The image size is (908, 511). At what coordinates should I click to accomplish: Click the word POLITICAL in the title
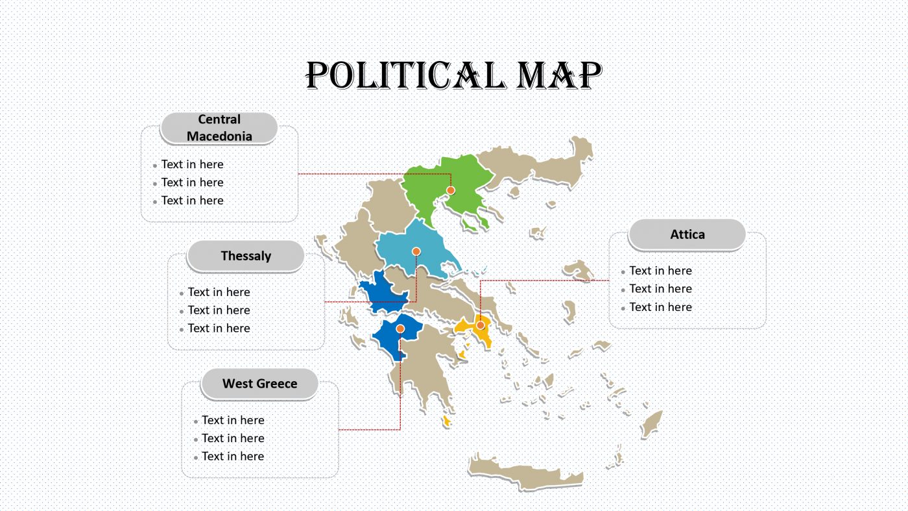pyautogui.click(x=404, y=76)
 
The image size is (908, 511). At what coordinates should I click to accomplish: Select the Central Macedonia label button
pyautogui.click(x=219, y=128)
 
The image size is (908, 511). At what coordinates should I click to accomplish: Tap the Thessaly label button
pyautogui.click(x=246, y=256)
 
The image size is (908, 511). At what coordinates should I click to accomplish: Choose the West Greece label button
pyautogui.click(x=259, y=384)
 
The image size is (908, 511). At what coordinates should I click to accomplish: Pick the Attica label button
pyautogui.click(x=687, y=234)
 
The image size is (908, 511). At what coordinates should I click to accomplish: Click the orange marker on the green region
pyautogui.click(x=451, y=190)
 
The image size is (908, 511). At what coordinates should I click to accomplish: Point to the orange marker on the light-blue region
pyautogui.click(x=416, y=251)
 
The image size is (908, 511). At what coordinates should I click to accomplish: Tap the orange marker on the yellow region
pyautogui.click(x=481, y=325)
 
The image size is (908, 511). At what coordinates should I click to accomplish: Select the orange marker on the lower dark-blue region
pyautogui.click(x=400, y=329)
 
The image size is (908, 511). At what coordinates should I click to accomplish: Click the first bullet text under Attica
pyautogui.click(x=660, y=271)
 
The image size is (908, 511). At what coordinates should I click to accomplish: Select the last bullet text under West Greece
pyautogui.click(x=232, y=456)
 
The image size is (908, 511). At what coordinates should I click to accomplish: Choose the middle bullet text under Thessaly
pyautogui.click(x=219, y=310)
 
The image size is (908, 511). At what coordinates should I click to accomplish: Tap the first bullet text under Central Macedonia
pyautogui.click(x=192, y=165)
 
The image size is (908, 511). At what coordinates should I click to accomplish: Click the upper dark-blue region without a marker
pyautogui.click(x=383, y=293)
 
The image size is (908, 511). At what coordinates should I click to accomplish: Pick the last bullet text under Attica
pyautogui.click(x=660, y=307)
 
